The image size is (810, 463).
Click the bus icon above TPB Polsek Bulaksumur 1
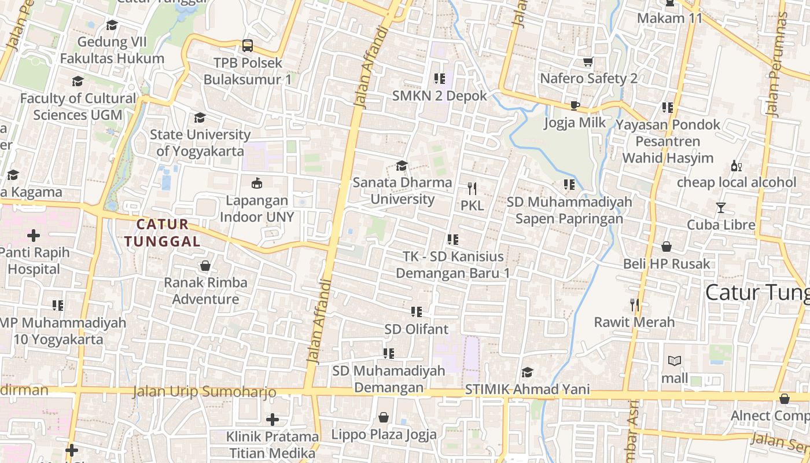click(x=248, y=45)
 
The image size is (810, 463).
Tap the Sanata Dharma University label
click(x=402, y=190)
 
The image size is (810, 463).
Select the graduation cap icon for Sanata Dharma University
click(x=402, y=166)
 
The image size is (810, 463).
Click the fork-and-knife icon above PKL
click(x=472, y=188)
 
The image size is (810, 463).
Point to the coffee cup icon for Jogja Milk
click(x=575, y=105)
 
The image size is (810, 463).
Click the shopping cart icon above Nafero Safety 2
click(x=588, y=61)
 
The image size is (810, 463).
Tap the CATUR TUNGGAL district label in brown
click(x=168, y=233)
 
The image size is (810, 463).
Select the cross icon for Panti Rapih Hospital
click(x=34, y=236)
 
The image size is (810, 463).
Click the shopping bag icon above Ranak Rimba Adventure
click(x=205, y=266)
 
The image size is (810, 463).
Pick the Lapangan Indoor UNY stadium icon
click(x=257, y=183)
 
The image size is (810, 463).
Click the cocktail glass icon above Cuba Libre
click(x=721, y=208)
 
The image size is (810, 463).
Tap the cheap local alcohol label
click(x=737, y=182)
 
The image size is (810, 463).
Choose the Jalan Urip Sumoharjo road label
click(x=204, y=392)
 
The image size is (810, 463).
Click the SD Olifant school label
click(x=416, y=329)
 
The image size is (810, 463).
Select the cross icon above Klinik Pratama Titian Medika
click(x=273, y=419)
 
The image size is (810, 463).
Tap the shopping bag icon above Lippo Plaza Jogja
click(x=384, y=417)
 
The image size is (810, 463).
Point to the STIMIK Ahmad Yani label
click(x=527, y=389)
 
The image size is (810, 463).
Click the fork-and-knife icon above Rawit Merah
click(x=635, y=304)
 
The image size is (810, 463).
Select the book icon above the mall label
click(x=675, y=361)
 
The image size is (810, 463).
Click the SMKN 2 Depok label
click(x=439, y=95)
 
